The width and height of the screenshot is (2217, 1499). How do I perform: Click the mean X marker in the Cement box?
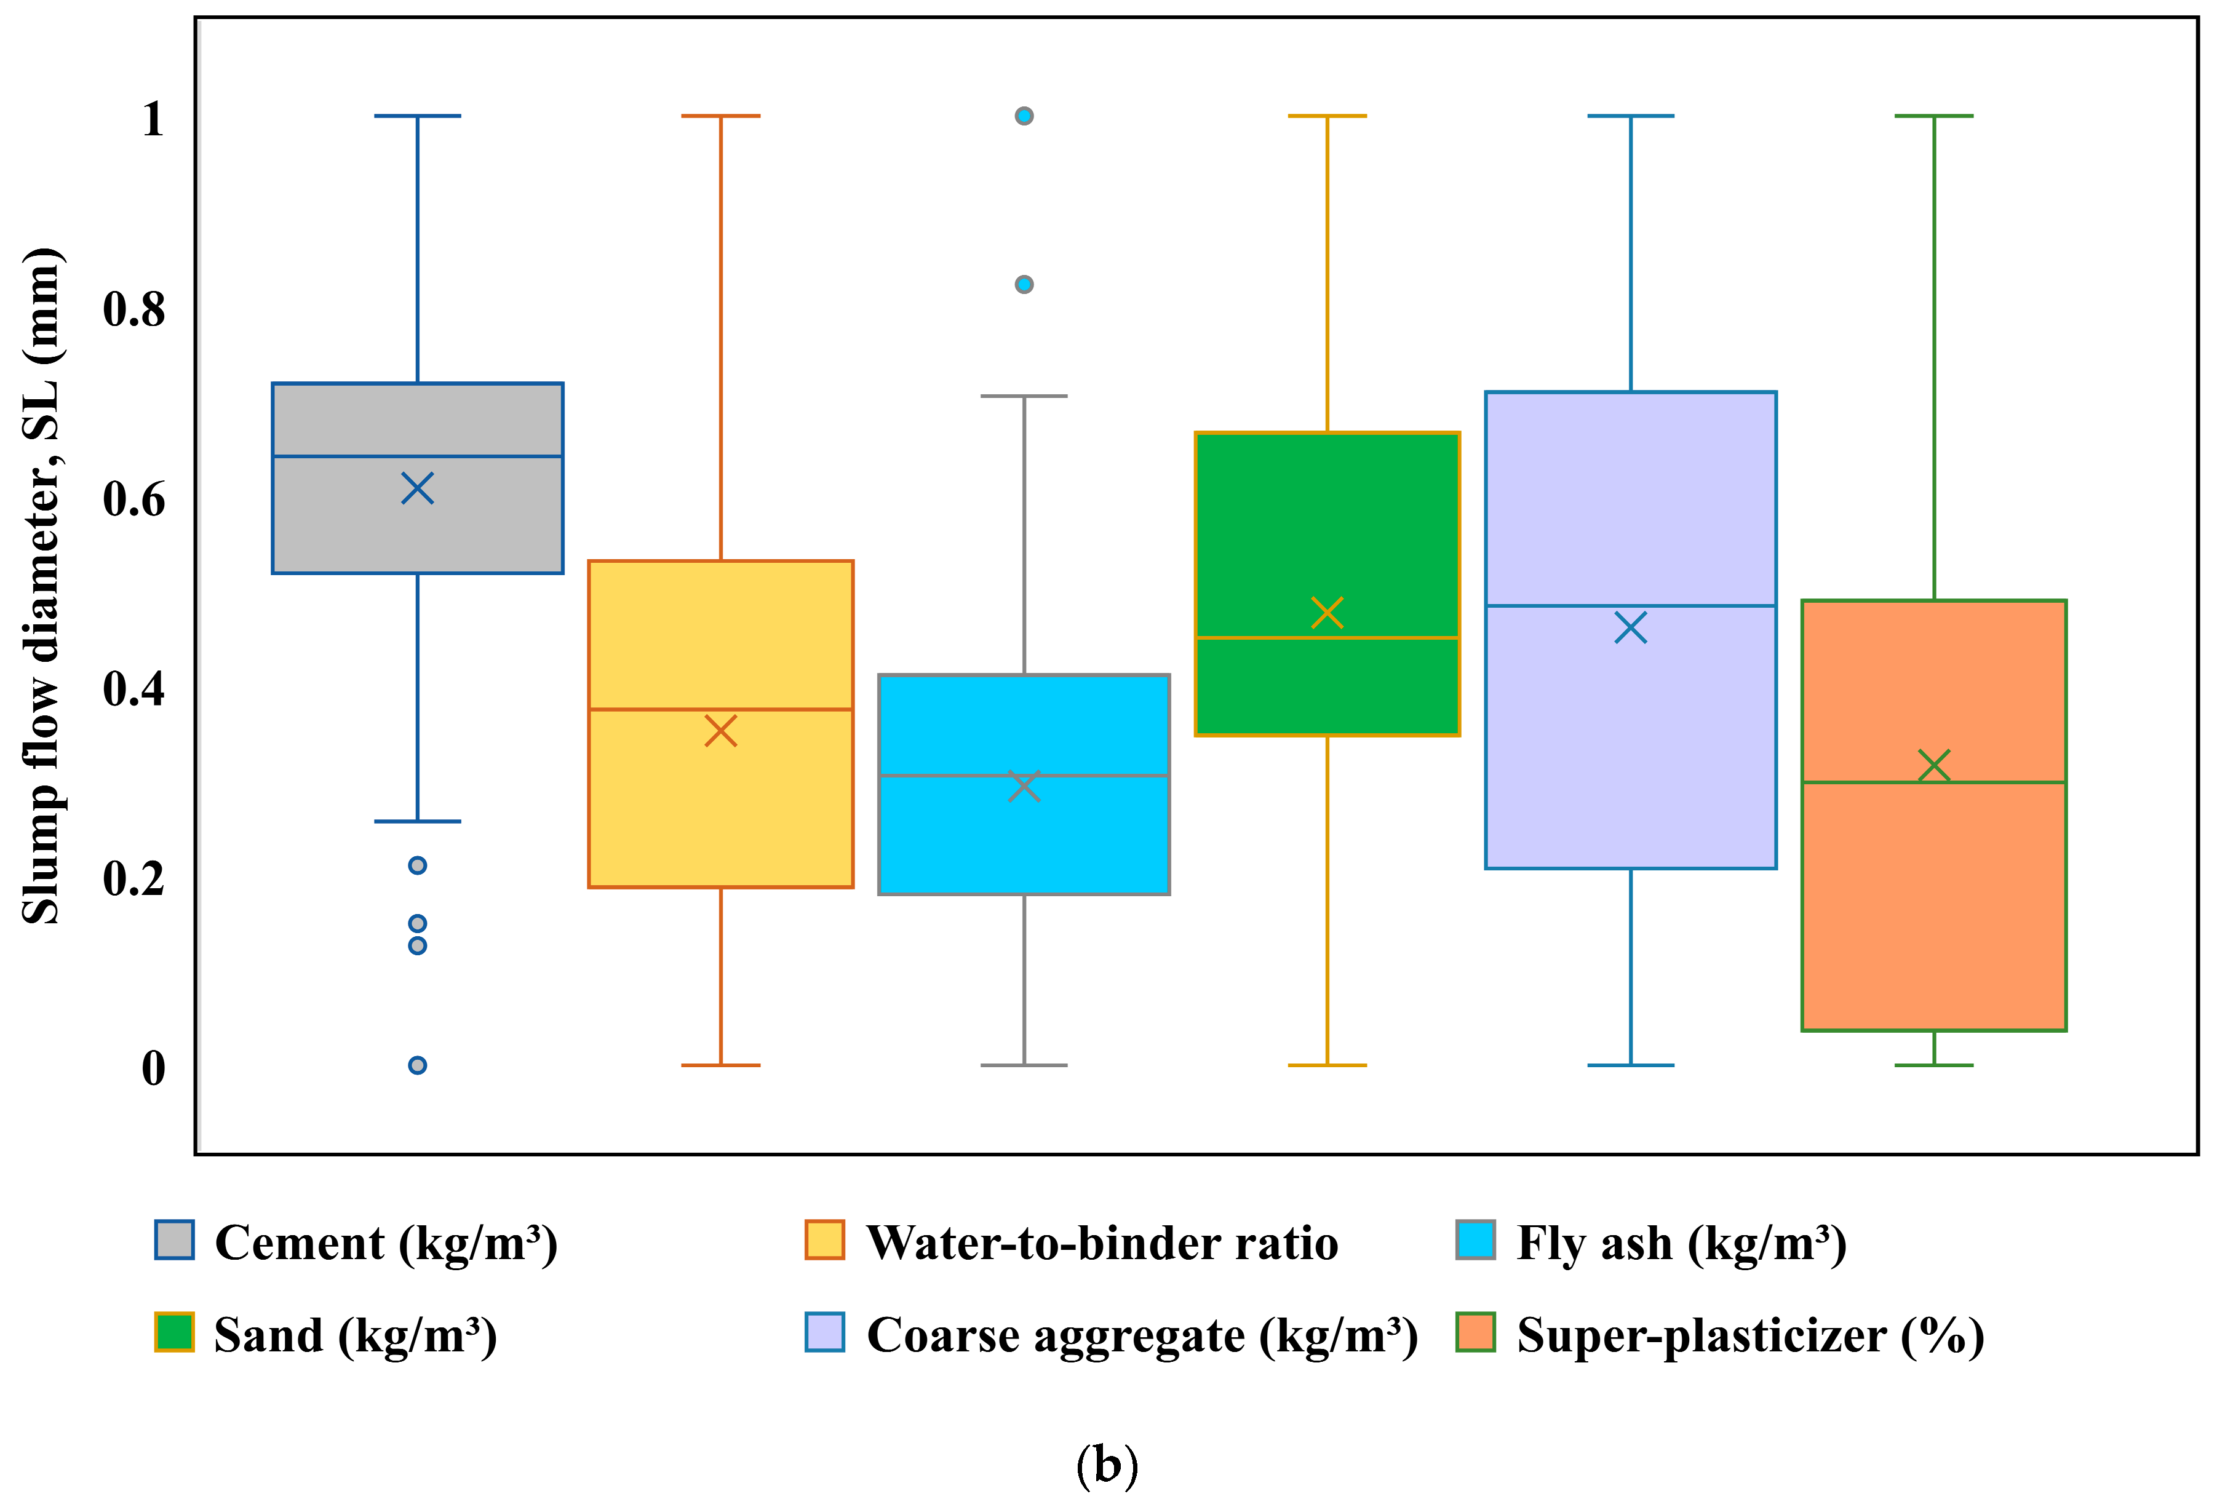click(418, 488)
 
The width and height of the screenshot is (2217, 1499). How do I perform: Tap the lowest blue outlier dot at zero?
click(418, 1065)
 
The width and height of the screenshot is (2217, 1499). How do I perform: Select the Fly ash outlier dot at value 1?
click(1024, 116)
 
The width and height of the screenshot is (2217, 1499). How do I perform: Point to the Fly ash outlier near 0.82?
click(1024, 284)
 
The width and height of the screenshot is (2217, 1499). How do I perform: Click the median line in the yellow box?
click(720, 710)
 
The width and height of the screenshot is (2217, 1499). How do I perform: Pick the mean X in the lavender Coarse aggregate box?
click(1630, 629)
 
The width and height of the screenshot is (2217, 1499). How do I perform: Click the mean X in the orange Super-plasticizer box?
click(1933, 765)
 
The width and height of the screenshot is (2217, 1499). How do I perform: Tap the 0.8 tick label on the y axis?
click(133, 310)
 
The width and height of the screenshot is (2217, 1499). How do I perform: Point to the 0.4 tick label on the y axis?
click(133, 689)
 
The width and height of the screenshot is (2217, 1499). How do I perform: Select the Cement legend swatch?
click(175, 1239)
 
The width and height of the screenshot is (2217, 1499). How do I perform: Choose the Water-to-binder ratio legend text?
click(1102, 1243)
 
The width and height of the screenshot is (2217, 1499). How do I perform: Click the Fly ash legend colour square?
click(1475, 1239)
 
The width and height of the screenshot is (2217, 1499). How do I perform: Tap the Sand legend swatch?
click(175, 1332)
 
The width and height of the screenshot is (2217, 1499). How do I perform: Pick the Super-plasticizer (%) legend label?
click(1751, 1335)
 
